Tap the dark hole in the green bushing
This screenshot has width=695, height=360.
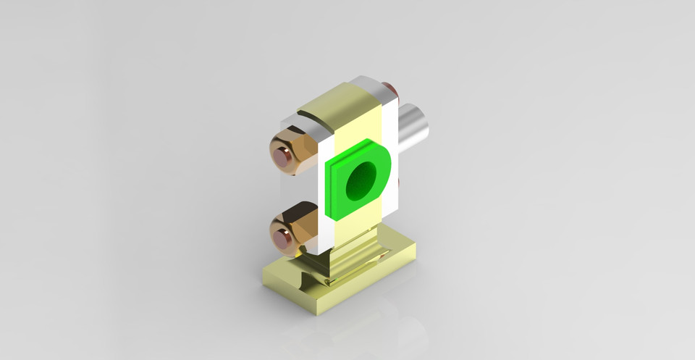point(360,181)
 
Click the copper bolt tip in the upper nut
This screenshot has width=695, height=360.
point(282,156)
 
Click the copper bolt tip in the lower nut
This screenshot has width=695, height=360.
point(282,237)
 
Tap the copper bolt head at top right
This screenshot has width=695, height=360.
point(389,89)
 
